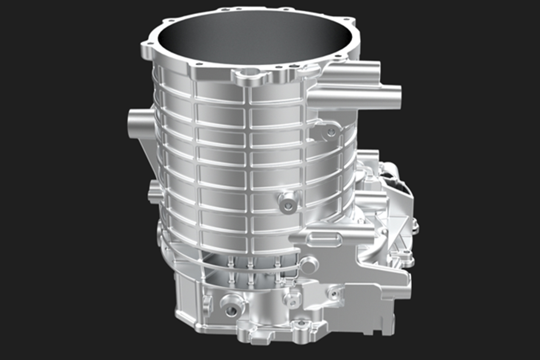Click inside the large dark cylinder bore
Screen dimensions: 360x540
(252, 40)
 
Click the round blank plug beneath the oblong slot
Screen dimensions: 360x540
(309, 265)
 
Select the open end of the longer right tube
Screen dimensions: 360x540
(396, 95)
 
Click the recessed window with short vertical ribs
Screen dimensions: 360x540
(252, 272)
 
